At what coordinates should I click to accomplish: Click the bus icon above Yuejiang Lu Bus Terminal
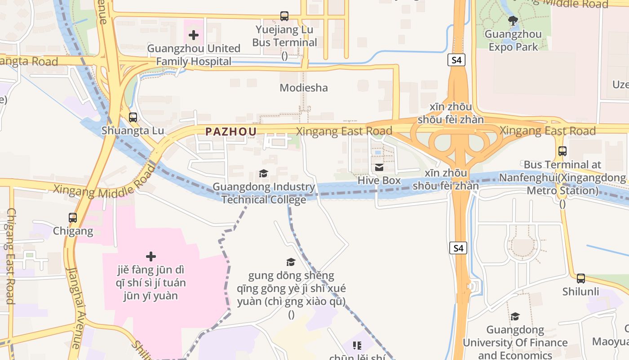point(284,16)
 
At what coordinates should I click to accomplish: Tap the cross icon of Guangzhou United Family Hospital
point(194,35)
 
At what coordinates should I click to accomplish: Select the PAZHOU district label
point(231,131)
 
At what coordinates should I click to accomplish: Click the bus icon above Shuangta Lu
point(133,117)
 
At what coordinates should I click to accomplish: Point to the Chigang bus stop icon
point(73,218)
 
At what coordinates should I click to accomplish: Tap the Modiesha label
point(304,88)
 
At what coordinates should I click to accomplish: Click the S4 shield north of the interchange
point(456,60)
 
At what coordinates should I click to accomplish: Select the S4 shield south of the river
point(458,247)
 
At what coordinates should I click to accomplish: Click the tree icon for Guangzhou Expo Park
point(513,21)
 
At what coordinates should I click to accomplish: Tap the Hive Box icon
point(379,167)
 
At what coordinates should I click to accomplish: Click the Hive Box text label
point(379,180)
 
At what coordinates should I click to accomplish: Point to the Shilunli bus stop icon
point(581,279)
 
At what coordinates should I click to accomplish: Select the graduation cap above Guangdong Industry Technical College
point(264,174)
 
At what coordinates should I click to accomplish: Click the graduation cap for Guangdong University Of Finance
point(515,317)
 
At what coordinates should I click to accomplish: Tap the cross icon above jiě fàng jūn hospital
point(151,256)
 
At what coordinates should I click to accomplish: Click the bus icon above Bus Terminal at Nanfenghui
point(562,151)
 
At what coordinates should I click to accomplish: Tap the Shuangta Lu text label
point(133,130)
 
